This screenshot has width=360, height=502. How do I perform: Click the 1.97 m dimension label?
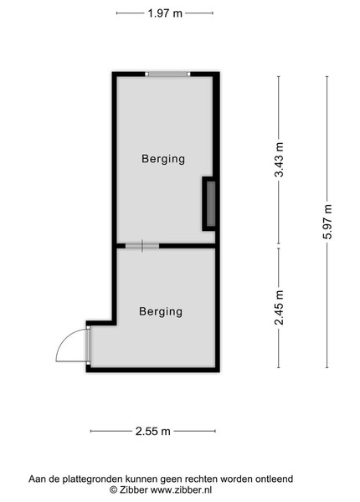[x=165, y=13]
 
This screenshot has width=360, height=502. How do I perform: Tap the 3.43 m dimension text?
[x=279, y=160]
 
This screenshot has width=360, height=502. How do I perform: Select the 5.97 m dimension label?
[x=327, y=222]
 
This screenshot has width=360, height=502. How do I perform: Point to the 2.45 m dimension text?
[x=279, y=307]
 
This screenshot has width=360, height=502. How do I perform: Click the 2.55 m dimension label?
[x=152, y=431]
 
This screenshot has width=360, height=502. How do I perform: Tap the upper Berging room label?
[x=163, y=159]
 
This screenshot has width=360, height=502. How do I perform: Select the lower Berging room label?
[x=161, y=311]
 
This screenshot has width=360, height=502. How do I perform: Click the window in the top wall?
[x=167, y=74]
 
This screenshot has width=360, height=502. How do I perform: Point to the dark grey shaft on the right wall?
[x=210, y=203]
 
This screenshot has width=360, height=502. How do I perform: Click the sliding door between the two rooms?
[x=142, y=246]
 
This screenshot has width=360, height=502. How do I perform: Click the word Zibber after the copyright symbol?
[x=133, y=489]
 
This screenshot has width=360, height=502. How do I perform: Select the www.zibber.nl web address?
[x=182, y=489]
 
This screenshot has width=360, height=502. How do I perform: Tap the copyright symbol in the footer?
[x=113, y=489]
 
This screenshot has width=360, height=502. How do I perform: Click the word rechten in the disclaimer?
[x=201, y=479]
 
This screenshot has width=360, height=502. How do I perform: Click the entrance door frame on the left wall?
[x=88, y=346]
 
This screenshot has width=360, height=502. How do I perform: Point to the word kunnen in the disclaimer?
[x=141, y=479]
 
